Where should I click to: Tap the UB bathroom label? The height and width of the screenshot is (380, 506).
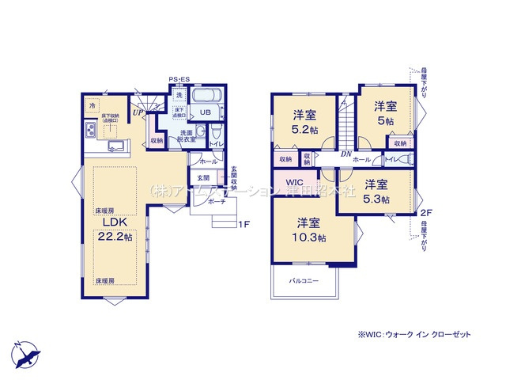204,112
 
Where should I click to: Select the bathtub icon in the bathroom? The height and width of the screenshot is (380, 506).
207,95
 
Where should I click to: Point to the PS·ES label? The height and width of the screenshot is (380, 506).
179,79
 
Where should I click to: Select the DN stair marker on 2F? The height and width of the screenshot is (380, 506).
346,154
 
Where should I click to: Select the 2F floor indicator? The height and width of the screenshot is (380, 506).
425,213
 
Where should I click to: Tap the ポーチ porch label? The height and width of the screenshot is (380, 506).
217,202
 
